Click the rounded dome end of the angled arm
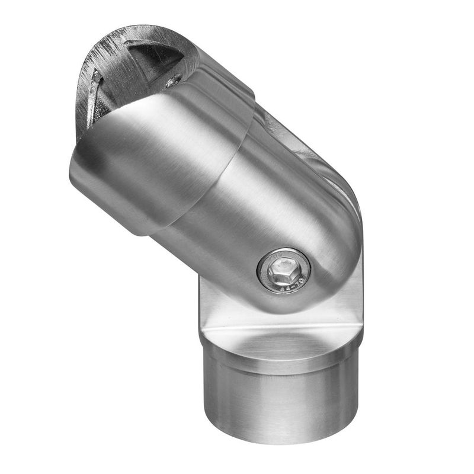tap(332, 249)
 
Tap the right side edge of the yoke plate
tap(358, 296)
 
